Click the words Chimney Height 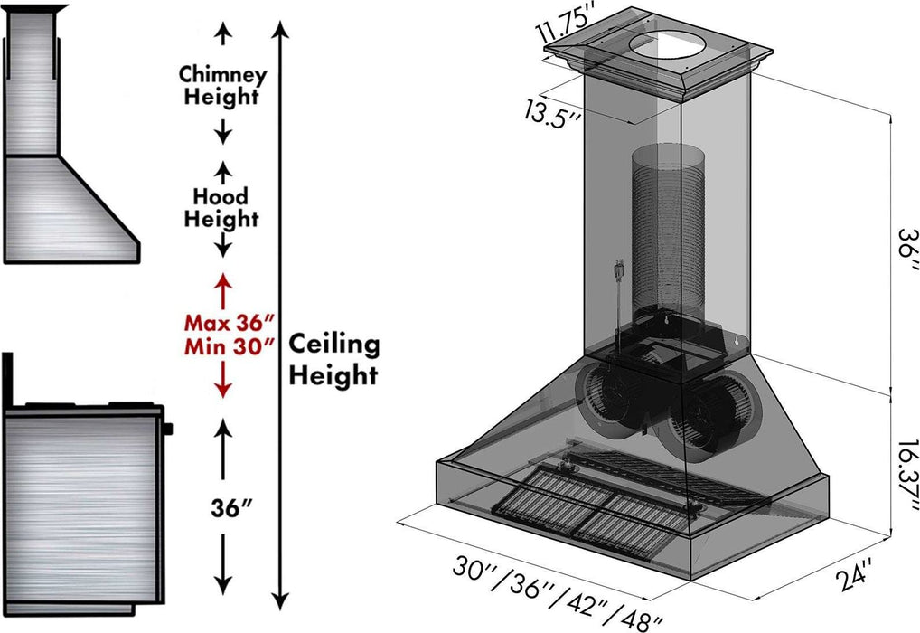coord(222,85)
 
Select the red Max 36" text coord(229,322)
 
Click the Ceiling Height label coord(334,358)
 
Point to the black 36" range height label coord(222,509)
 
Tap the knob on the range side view coord(169,428)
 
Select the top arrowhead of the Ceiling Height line coord(282,29)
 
